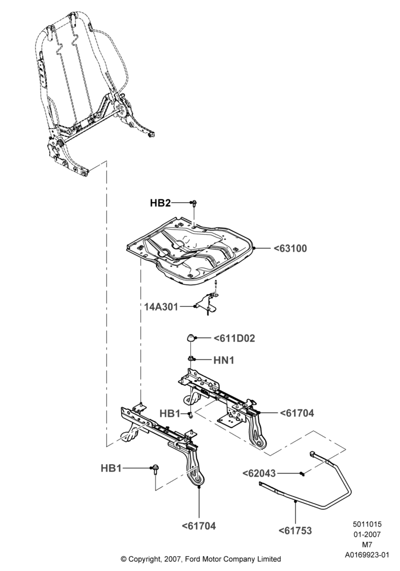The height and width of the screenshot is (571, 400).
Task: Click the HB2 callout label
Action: click(x=161, y=203)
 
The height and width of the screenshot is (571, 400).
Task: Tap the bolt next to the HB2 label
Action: click(x=194, y=204)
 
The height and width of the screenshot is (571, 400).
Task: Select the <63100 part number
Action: click(x=290, y=248)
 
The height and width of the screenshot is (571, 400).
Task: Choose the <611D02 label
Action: click(x=235, y=338)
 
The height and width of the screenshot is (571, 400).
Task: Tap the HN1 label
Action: click(x=223, y=360)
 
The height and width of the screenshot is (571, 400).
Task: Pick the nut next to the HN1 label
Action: click(x=191, y=359)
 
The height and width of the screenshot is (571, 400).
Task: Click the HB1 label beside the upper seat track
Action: click(x=170, y=413)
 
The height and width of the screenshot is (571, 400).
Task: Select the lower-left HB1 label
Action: click(x=111, y=468)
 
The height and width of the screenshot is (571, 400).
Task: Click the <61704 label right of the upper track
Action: click(x=297, y=413)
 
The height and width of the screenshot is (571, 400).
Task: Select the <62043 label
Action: click(x=259, y=473)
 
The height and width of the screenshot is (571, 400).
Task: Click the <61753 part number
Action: click(x=295, y=530)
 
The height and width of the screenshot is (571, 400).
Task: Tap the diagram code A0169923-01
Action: click(x=367, y=555)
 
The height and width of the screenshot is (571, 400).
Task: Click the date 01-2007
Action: click(x=367, y=534)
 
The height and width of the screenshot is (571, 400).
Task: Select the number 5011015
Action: click(x=367, y=524)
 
